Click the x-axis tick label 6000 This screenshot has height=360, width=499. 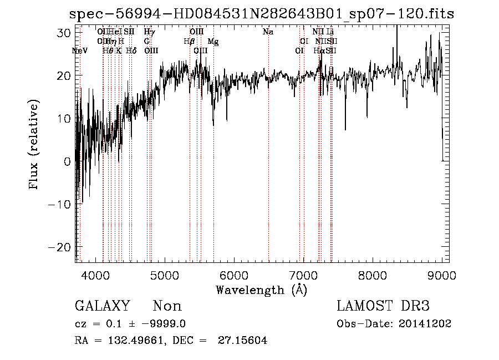(x=234, y=275)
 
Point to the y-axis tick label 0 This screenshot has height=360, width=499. (x=68, y=161)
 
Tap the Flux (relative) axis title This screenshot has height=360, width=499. (x=34, y=145)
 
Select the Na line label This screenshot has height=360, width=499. (x=268, y=32)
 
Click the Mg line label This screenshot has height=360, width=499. (x=213, y=42)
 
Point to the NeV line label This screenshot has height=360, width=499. (x=80, y=51)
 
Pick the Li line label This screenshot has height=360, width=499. (x=330, y=32)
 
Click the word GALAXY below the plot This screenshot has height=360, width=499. (x=102, y=306)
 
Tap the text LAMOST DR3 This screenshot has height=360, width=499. (x=383, y=306)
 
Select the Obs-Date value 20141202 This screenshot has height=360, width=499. (x=427, y=324)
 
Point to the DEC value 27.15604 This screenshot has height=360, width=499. (x=246, y=341)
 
